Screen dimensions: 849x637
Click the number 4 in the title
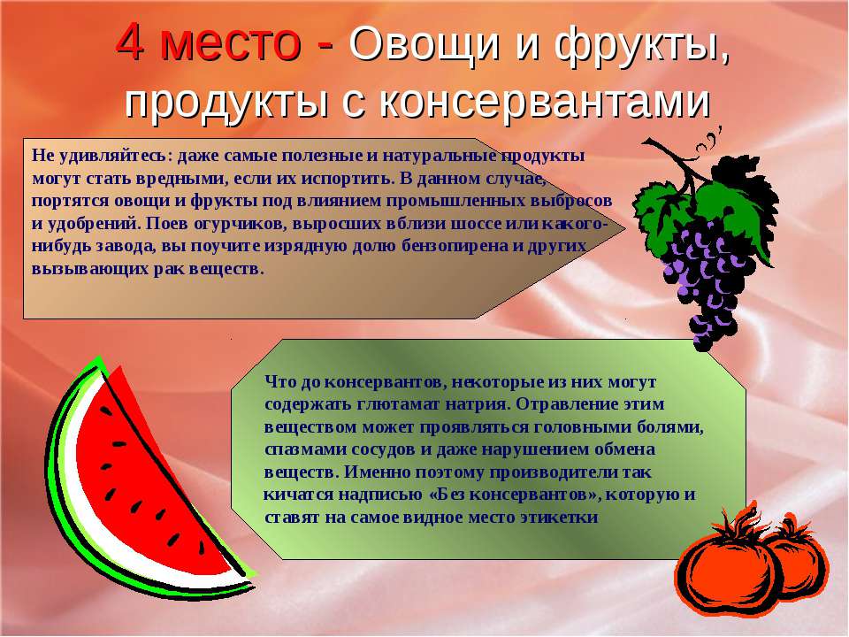point(130,42)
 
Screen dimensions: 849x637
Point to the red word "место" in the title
point(230,43)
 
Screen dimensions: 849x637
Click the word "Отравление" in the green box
point(565,404)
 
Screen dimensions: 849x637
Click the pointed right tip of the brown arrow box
point(625,228)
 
